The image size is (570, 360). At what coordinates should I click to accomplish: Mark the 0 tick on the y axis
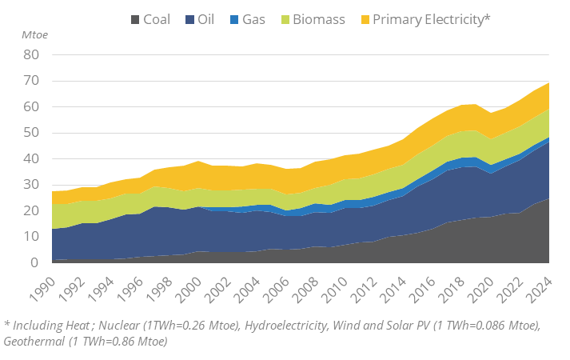coord(35,262)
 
